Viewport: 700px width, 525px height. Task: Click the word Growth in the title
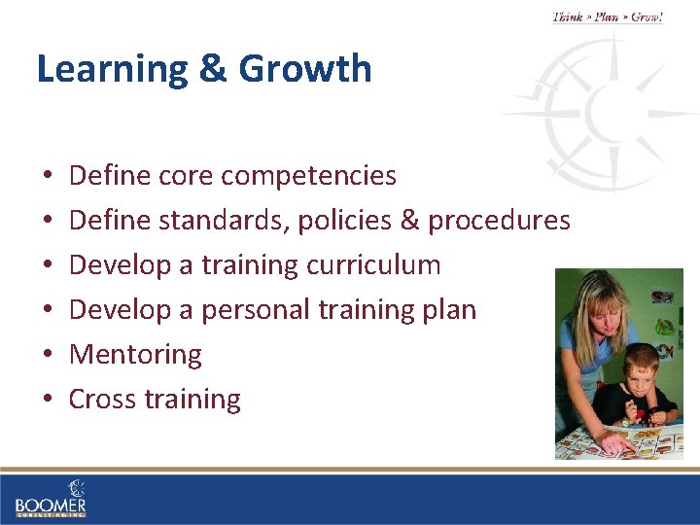[305, 69]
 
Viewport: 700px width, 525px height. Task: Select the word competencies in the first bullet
[308, 176]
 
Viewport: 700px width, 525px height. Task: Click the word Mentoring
[135, 355]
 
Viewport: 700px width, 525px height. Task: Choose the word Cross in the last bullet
[102, 400]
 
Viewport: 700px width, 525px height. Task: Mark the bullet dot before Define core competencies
[47, 177]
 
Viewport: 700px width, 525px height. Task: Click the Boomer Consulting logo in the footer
[51, 499]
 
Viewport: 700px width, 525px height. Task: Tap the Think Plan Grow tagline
[608, 17]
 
